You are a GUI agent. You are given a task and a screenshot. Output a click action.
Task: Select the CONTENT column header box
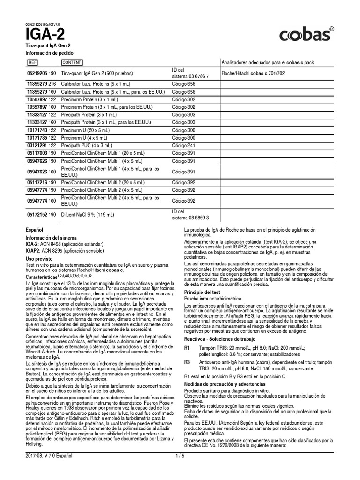[x=72, y=62]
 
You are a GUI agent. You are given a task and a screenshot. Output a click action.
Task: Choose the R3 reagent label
[x=187, y=363]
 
